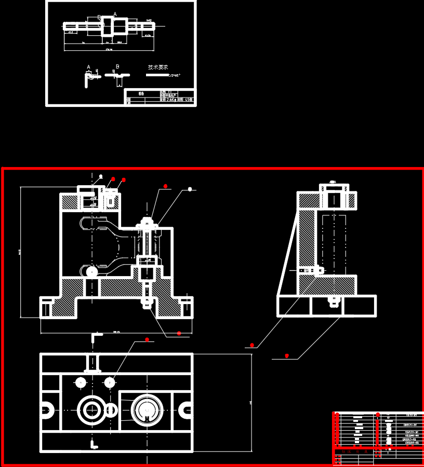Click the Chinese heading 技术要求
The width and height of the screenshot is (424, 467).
(157, 67)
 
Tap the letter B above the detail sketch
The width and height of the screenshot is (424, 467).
(117, 66)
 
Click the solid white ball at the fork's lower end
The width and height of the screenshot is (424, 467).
(92, 271)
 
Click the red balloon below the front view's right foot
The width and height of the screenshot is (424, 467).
(179, 333)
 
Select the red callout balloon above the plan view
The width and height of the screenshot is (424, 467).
(147, 340)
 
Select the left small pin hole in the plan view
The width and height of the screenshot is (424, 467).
(81, 382)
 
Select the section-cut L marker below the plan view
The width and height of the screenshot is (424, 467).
(94, 444)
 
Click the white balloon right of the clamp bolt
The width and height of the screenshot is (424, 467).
(190, 189)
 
